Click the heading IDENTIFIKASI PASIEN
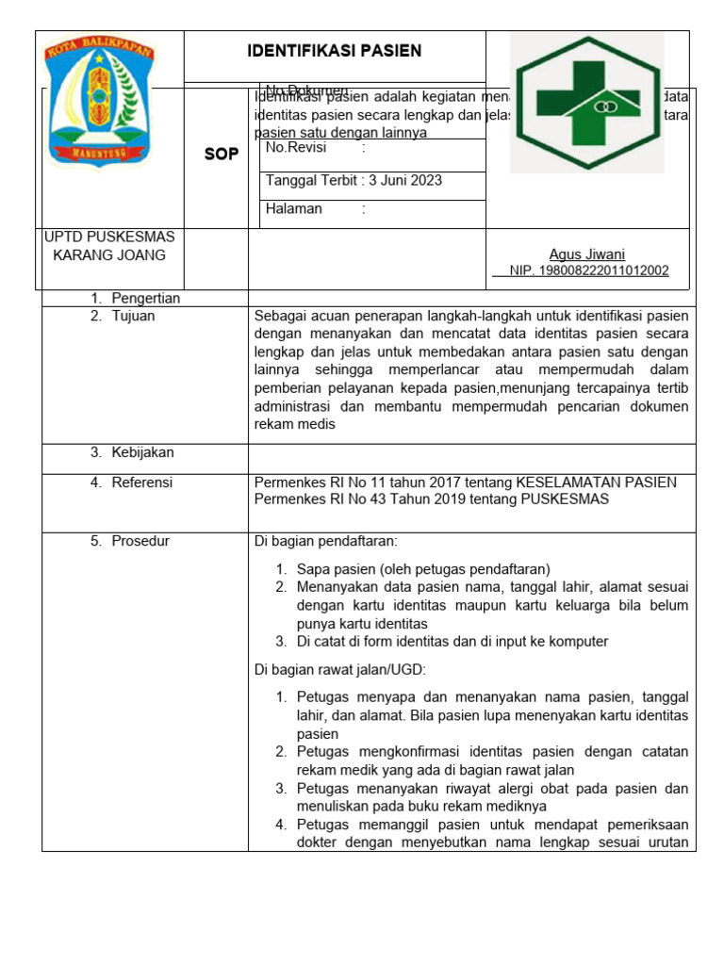coord(334,51)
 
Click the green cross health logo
coord(587,102)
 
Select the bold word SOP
coord(222,155)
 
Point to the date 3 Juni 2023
coord(405,180)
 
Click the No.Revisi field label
coord(295,148)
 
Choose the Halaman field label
coord(294,209)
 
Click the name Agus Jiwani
coord(586,254)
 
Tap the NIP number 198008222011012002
coord(589,270)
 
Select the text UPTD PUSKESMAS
coord(109,237)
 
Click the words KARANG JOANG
coord(109,255)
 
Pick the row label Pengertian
coord(145,298)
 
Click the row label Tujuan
coord(133,317)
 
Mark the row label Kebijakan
coord(142,452)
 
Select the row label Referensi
coord(142,482)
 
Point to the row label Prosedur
coord(140,541)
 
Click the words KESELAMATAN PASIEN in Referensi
coord(596,482)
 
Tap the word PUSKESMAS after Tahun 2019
coord(562,499)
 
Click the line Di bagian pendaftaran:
coord(326,541)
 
